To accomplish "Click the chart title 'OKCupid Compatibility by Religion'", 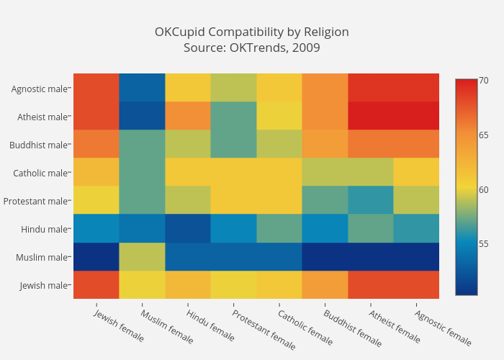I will click(251, 32).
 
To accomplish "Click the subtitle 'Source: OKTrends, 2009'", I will click(251, 48).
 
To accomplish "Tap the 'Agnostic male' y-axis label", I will click(40, 89).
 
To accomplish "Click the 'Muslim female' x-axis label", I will click(167, 326).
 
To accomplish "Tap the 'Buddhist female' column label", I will click(353, 328).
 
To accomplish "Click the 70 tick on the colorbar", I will click(484, 80).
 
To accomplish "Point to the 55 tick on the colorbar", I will click(484, 243).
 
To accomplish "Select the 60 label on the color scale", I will click(484, 189).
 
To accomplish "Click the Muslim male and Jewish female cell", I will click(96, 257).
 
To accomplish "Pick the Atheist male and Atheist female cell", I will click(370, 117).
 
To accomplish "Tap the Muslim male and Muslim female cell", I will click(142, 257).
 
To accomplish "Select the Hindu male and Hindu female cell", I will click(187, 229).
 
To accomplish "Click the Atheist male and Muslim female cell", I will click(142, 117).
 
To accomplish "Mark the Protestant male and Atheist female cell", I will click(370, 201).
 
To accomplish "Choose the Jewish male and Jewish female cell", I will click(96, 285).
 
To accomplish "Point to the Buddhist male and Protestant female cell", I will click(233, 145).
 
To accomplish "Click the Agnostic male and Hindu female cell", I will click(187, 89).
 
